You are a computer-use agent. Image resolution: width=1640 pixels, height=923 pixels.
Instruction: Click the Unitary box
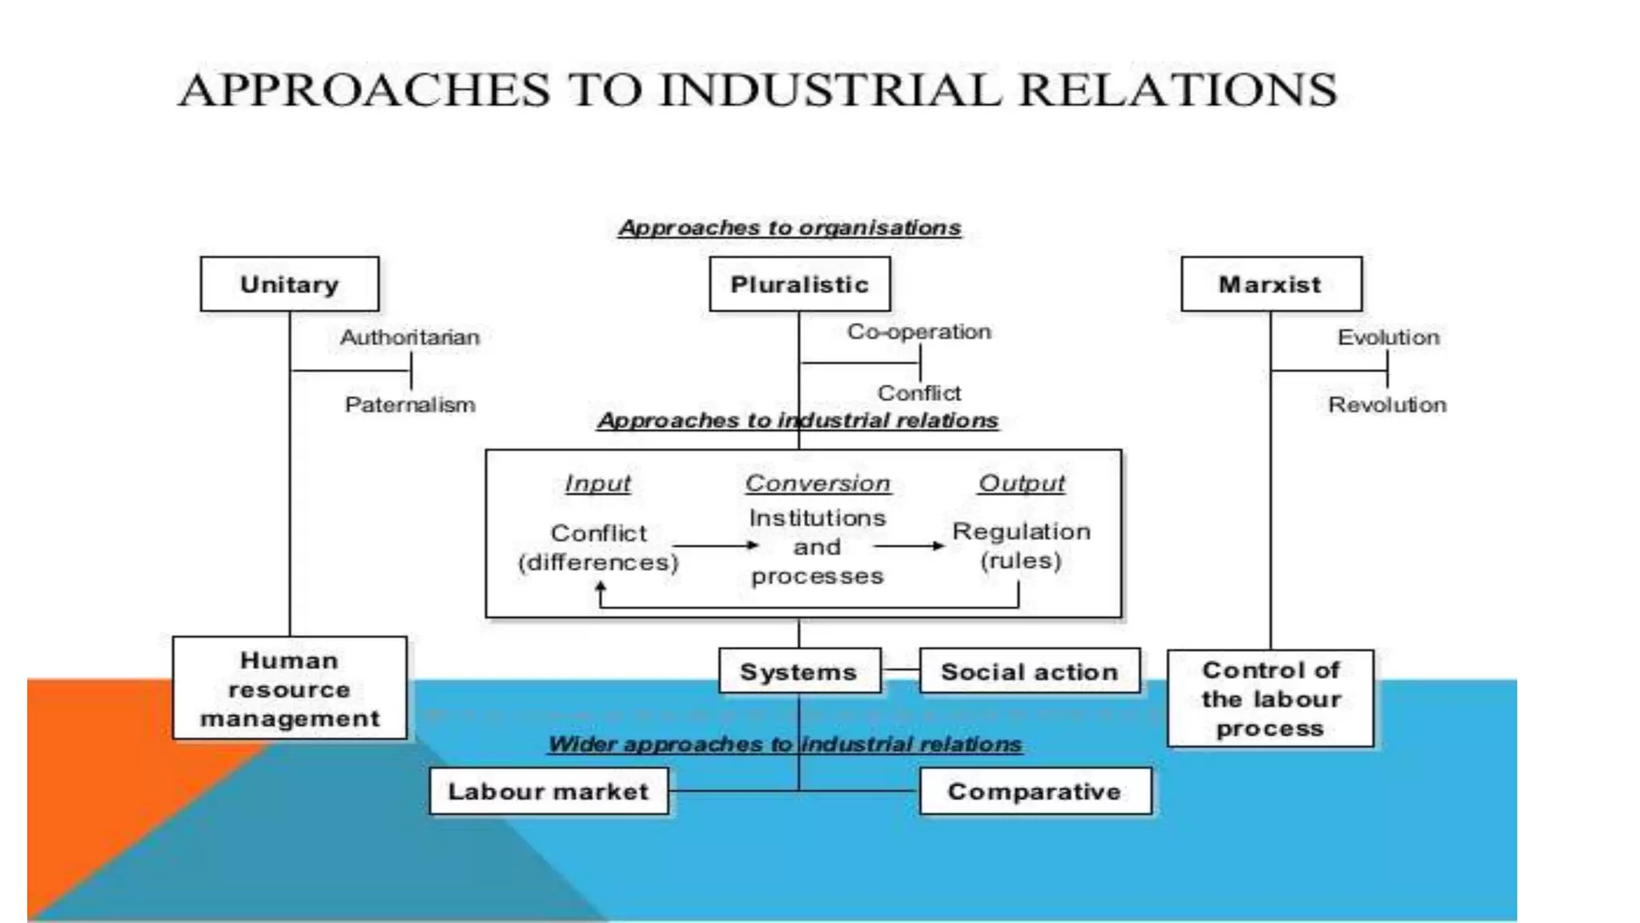(x=289, y=284)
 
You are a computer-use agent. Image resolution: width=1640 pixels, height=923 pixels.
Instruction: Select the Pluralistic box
(x=799, y=284)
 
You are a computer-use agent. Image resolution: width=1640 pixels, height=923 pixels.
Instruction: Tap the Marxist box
(x=1271, y=284)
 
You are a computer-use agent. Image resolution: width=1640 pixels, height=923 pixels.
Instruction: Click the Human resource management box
(x=289, y=689)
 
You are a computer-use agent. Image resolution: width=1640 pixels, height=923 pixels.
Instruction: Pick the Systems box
(x=799, y=671)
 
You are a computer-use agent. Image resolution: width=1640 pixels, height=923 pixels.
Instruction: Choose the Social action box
(x=1029, y=671)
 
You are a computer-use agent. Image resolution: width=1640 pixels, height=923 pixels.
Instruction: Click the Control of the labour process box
(x=1271, y=699)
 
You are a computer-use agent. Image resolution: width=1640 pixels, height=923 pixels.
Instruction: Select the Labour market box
(x=549, y=792)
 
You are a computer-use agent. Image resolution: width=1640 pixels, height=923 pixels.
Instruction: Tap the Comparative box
(x=1035, y=792)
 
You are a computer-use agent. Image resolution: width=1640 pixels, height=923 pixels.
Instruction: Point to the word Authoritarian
(x=410, y=337)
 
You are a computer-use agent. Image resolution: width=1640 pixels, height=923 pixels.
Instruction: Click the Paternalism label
(x=410, y=405)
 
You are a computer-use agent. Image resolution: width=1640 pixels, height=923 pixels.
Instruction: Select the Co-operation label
(x=919, y=332)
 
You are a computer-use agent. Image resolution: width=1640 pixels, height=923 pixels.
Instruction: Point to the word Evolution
(x=1389, y=337)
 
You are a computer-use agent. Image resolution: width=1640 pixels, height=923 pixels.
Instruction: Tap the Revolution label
(x=1388, y=405)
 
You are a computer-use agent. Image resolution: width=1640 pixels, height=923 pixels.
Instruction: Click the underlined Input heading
(x=597, y=483)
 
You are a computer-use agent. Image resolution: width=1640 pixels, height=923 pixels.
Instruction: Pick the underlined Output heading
(x=1022, y=483)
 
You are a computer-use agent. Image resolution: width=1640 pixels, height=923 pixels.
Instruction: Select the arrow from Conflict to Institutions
(x=715, y=546)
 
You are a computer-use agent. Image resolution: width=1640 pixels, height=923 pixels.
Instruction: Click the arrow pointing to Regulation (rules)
(x=909, y=546)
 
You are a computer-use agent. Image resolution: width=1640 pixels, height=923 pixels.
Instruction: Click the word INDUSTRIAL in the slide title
(x=830, y=89)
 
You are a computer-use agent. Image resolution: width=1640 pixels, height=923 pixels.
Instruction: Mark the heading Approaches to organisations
(x=790, y=228)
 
